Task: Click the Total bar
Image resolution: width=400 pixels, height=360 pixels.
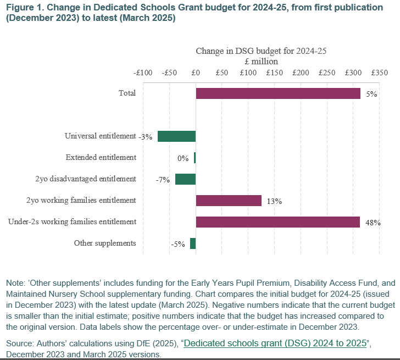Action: coord(277,93)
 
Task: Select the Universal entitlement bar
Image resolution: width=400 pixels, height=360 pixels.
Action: coord(176,136)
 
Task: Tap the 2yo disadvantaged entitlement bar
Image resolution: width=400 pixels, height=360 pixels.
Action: coord(185,179)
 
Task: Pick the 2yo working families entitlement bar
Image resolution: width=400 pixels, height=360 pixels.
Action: coord(228,201)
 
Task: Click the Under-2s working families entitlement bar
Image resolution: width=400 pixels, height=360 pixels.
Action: coord(277,222)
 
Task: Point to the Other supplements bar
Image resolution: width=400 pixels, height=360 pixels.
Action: coord(193,243)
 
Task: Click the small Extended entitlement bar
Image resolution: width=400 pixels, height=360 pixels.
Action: coord(195,158)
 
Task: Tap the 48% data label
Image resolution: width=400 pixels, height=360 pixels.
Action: coord(373,223)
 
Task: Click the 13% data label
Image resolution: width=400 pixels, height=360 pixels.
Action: coord(274,201)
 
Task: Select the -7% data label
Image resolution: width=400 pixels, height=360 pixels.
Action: coord(163,180)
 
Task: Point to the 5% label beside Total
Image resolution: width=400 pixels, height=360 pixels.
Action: coord(371,94)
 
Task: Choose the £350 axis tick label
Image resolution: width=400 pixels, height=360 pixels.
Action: coord(379,73)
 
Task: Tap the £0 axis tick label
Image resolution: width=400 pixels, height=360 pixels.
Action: coord(196,73)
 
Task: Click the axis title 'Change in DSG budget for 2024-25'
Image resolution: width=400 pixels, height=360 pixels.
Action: coord(261,51)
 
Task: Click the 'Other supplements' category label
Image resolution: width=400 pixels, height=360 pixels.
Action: coord(105,243)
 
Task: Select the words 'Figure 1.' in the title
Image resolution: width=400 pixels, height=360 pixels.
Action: coord(24,7)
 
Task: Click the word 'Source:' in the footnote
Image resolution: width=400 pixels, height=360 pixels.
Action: coord(20,344)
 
